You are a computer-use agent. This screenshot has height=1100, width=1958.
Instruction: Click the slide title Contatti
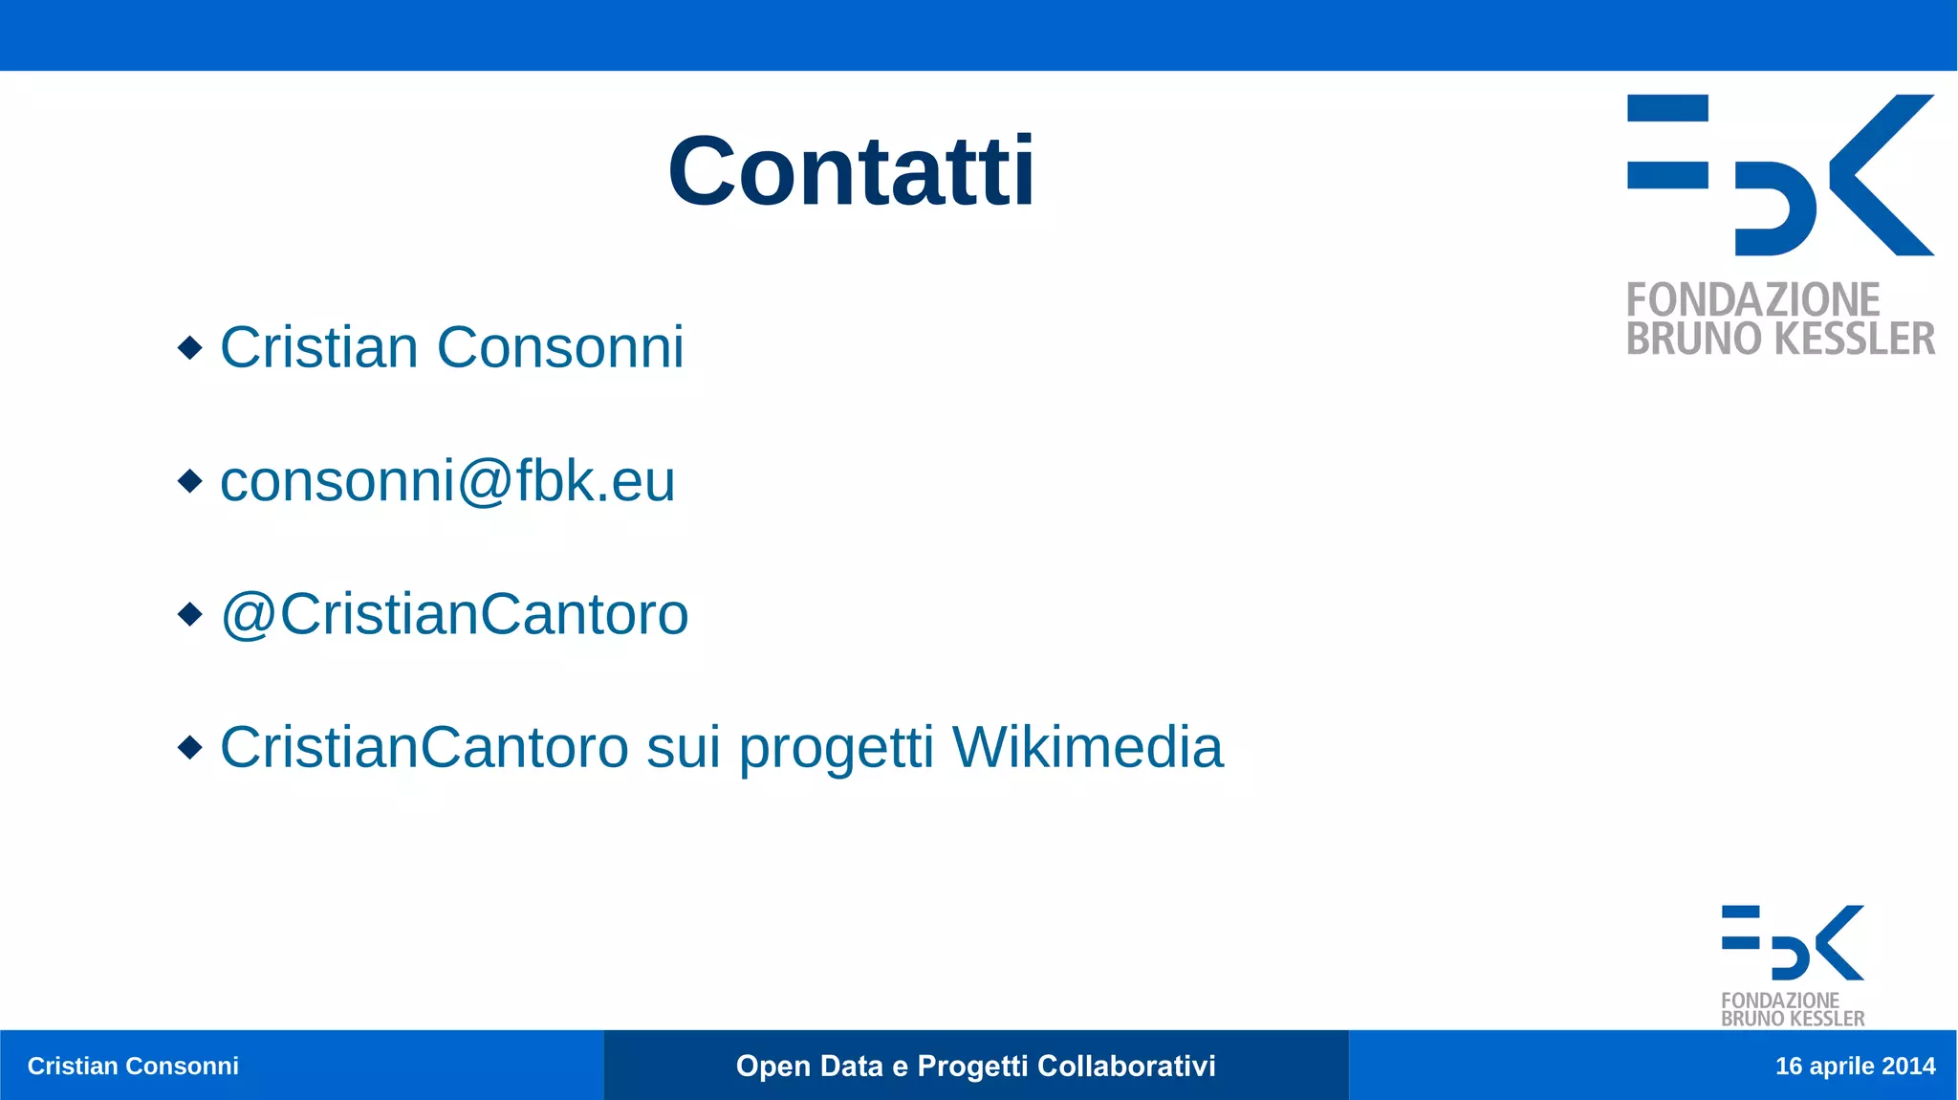[x=851, y=171]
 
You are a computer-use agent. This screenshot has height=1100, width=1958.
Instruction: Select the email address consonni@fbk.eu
[x=447, y=480]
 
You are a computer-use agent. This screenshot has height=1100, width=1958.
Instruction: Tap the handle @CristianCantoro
[x=454, y=613]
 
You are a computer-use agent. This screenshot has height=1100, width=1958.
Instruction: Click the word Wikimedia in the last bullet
[x=1087, y=747]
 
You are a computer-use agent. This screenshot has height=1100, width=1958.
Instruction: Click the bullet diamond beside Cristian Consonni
[x=190, y=347]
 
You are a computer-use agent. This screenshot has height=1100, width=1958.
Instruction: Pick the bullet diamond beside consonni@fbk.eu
[x=190, y=480]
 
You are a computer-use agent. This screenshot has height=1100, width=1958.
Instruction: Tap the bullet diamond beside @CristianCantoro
[x=190, y=613]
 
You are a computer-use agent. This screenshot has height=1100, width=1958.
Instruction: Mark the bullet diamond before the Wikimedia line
[x=190, y=746]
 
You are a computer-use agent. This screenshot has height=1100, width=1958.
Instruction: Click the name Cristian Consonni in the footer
[x=133, y=1066]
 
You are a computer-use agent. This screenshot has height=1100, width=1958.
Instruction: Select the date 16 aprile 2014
[x=1855, y=1066]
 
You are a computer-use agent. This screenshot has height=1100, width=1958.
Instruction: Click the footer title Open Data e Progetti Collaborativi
[x=975, y=1066]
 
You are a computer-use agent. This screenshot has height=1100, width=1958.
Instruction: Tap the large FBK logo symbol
[x=1780, y=175]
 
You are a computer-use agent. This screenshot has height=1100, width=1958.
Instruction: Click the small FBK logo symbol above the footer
[x=1793, y=942]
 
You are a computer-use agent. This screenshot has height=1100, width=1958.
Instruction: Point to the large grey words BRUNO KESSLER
[x=1780, y=340]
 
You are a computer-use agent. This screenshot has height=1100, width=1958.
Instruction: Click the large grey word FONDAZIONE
[x=1752, y=299]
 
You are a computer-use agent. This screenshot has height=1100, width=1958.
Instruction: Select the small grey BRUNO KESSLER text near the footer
[x=1793, y=1019]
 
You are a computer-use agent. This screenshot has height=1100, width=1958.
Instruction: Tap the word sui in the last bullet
[x=683, y=747]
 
